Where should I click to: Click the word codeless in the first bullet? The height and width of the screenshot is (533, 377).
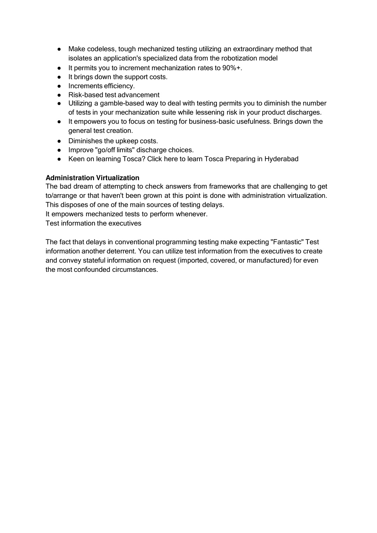click(102, 49)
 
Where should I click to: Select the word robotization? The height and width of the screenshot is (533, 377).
click(240, 58)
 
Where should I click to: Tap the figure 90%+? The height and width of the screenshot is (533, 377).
click(232, 68)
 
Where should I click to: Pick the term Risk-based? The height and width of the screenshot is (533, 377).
click(83, 95)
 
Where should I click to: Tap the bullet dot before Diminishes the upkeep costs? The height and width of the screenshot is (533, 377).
click(59, 141)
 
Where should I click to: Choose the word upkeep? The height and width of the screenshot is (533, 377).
click(127, 141)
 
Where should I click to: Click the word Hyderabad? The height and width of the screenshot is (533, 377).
click(281, 159)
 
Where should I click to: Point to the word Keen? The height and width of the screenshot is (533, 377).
click(76, 159)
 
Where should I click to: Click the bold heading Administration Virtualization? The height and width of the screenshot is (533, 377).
click(92, 178)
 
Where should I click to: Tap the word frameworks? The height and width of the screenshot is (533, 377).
click(224, 186)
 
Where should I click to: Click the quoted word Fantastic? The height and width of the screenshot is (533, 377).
click(287, 242)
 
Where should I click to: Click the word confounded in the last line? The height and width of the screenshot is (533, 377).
click(92, 270)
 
